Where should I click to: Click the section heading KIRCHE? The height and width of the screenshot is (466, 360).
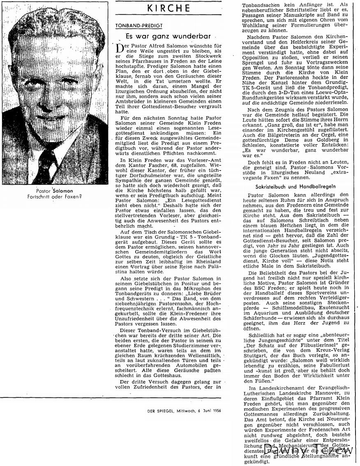(175, 8)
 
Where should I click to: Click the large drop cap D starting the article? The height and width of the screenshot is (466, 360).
(120, 49)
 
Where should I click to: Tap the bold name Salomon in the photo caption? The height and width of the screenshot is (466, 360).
(63, 191)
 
